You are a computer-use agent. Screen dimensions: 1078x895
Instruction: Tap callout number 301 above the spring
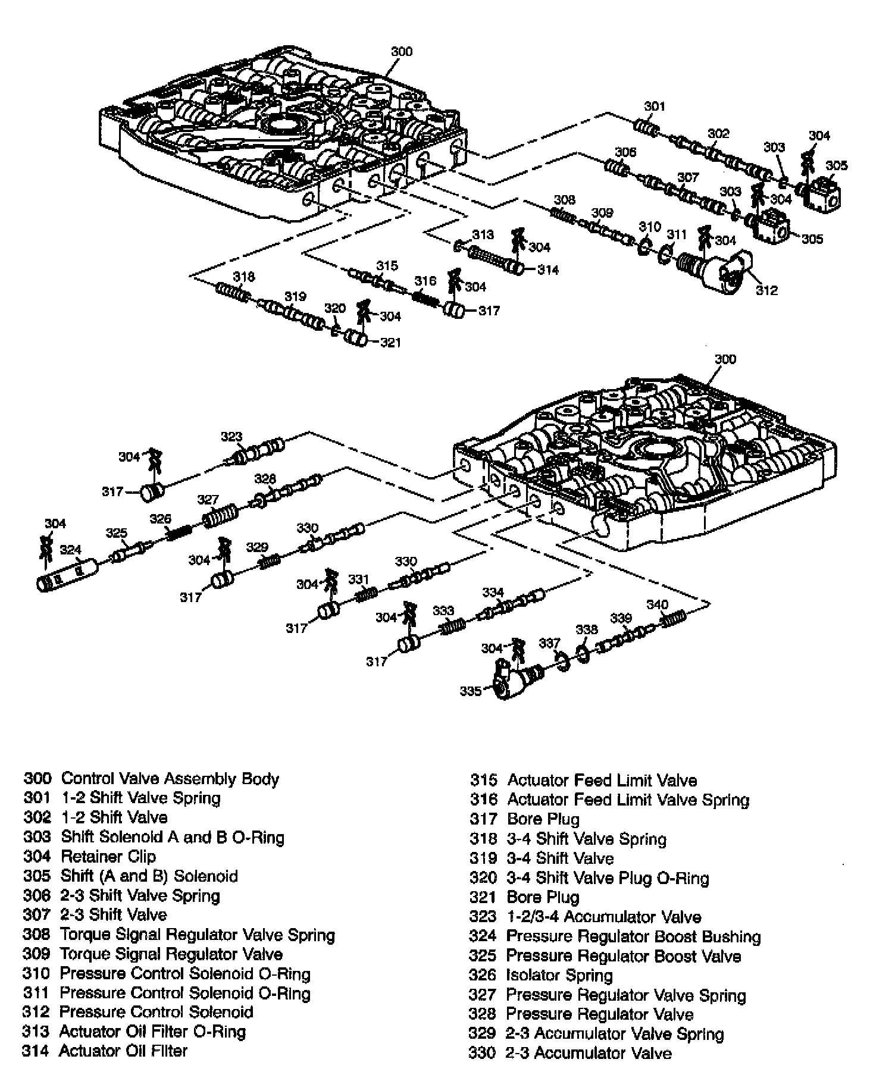click(x=654, y=106)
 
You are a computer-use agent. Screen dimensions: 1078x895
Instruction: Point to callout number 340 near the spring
click(x=657, y=604)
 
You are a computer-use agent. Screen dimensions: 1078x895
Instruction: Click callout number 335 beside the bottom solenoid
click(x=470, y=691)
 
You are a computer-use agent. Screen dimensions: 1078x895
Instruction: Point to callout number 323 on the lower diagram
click(x=231, y=437)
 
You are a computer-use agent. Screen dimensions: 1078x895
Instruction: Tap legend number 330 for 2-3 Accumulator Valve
click(x=482, y=1053)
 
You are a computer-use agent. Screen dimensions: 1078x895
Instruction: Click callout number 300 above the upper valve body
click(x=401, y=52)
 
